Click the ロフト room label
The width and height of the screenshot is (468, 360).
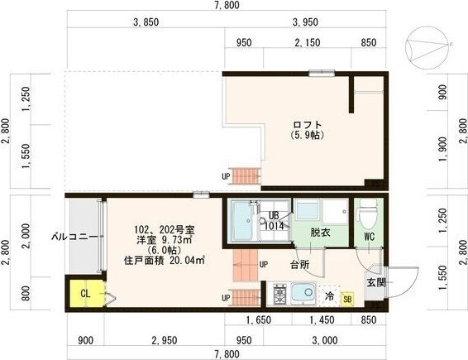306,125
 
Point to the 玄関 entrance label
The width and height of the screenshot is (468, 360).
376,282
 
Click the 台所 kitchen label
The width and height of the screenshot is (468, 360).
299,265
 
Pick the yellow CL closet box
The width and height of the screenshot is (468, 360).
85,292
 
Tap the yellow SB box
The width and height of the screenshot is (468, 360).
347,299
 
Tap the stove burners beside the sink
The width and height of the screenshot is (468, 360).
279,294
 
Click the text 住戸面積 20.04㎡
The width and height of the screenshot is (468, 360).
165,261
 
